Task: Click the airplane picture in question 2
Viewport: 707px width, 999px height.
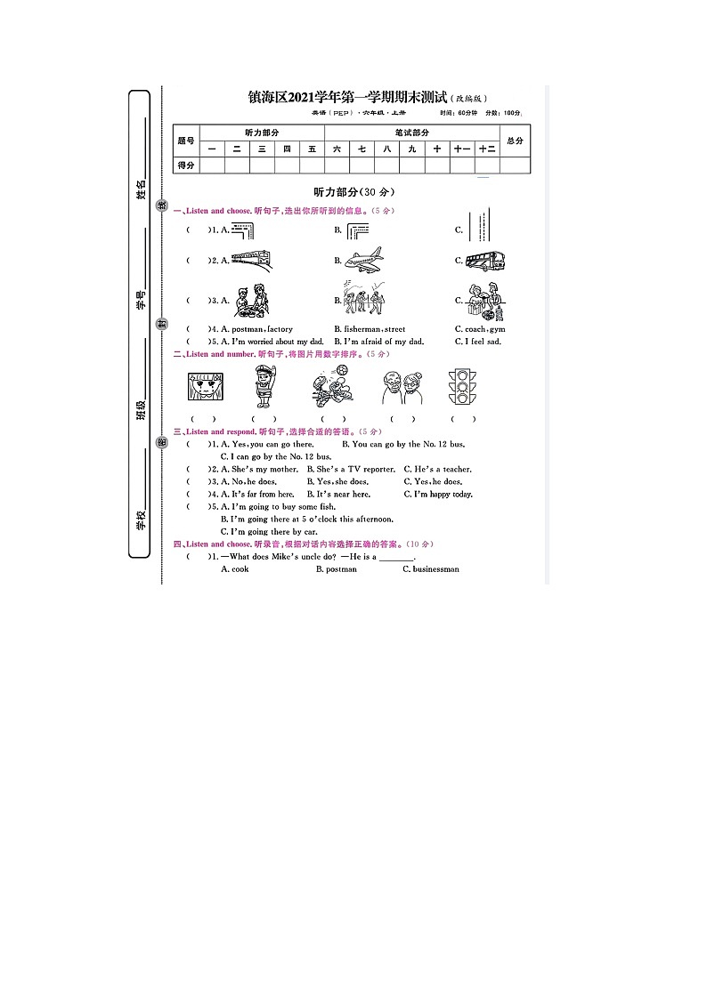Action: coord(363,260)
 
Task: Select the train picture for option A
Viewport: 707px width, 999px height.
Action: coord(251,260)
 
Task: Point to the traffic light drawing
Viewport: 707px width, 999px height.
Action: coord(462,387)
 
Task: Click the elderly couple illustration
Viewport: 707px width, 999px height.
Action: coord(400,388)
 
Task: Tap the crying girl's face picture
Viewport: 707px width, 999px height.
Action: coord(205,388)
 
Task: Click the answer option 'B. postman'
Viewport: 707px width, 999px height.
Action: coord(336,569)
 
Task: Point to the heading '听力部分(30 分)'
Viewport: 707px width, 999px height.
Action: coord(353,191)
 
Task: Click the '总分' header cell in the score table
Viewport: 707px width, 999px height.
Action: coord(515,141)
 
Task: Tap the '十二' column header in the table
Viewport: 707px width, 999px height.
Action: coord(486,149)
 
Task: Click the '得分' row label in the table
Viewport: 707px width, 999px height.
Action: coord(186,165)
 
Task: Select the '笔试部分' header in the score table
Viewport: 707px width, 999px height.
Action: coord(412,133)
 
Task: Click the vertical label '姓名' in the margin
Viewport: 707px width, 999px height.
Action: coord(141,189)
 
